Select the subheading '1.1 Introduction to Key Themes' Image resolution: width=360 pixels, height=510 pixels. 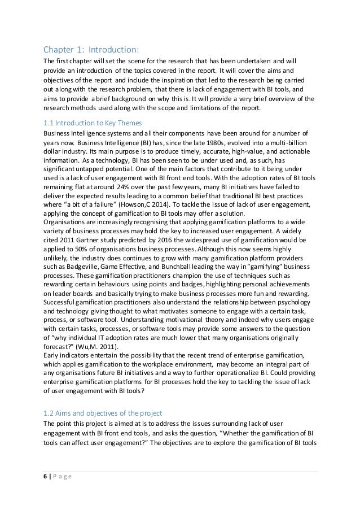(93, 123)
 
